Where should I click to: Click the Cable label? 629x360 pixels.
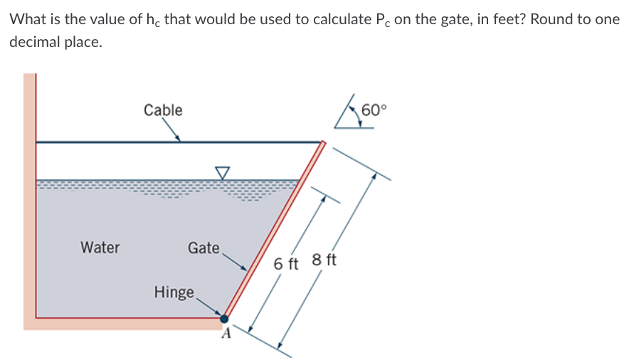pos(162,110)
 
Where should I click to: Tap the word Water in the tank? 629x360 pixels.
pos(100,248)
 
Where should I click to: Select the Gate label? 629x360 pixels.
pos(203,248)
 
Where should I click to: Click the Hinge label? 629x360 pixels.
pos(174,292)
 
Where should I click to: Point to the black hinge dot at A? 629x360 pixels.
pos(224,319)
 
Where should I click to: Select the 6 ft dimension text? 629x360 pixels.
pos(287,264)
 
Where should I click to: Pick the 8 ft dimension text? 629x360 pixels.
pos(324,259)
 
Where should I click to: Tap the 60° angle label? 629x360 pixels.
pos(375,110)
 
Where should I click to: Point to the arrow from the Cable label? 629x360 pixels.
pos(171,130)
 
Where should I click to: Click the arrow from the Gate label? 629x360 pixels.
pos(235,261)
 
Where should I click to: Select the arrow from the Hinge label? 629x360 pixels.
pos(209,305)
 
